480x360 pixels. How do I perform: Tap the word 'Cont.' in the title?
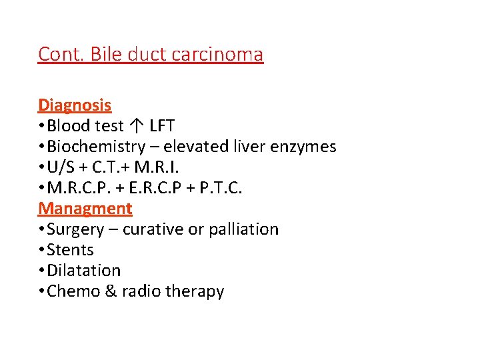(58, 54)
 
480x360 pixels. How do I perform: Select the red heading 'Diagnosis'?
(75, 105)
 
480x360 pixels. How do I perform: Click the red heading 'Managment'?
(85, 208)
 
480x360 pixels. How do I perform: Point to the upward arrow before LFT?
(137, 125)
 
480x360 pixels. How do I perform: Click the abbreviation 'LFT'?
(163, 125)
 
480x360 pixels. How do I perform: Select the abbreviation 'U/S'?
(62, 167)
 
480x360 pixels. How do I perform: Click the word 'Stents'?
(70, 250)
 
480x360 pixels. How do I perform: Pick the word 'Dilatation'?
(83, 271)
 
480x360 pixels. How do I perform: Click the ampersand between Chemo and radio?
(111, 291)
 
